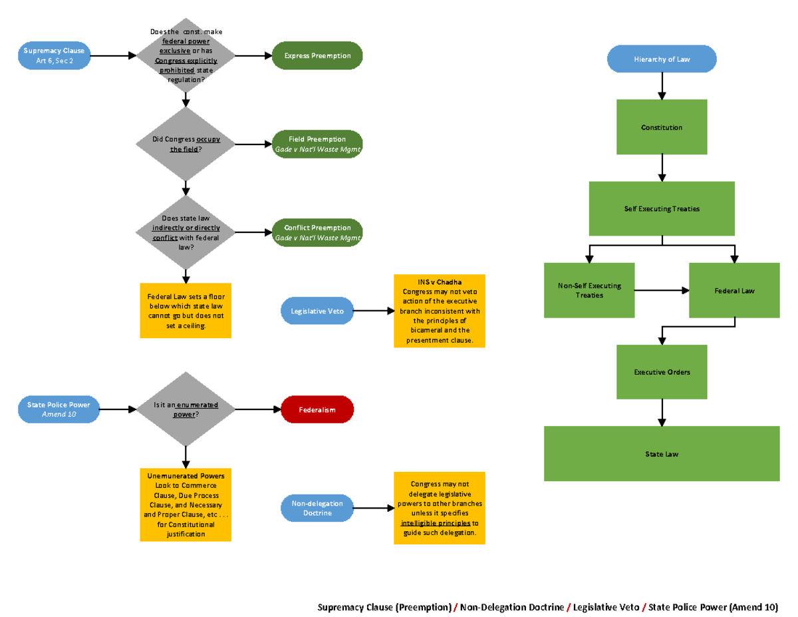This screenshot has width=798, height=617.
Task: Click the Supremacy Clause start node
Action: pos(53,56)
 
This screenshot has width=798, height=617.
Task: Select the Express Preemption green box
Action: pos(317,56)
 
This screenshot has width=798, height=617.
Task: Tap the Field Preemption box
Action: pos(317,144)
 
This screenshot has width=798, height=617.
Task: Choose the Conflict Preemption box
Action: pos(317,232)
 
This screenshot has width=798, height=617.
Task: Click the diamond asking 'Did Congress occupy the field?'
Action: pos(186,144)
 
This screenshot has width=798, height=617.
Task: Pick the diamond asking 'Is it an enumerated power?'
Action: pos(186,409)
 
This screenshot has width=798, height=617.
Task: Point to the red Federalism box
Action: pos(317,409)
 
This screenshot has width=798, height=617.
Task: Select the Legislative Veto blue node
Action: pos(317,311)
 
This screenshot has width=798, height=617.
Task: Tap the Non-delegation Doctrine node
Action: pos(317,509)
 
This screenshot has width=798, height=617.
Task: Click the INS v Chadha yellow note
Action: pos(439,311)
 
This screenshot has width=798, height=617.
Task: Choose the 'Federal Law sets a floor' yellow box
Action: pos(186,311)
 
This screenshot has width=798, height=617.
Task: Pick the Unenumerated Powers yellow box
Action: pos(186,505)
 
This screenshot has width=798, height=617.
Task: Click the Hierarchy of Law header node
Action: pos(662,59)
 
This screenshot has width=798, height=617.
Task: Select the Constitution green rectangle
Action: pos(662,127)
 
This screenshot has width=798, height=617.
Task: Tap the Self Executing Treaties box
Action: pos(662,209)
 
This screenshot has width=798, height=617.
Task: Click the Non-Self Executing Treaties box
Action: pos(589,290)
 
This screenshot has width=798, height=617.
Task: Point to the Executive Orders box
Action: pos(662,372)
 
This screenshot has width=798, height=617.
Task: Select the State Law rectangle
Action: pos(662,454)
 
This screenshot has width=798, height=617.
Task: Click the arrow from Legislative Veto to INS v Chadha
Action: pos(372,311)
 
